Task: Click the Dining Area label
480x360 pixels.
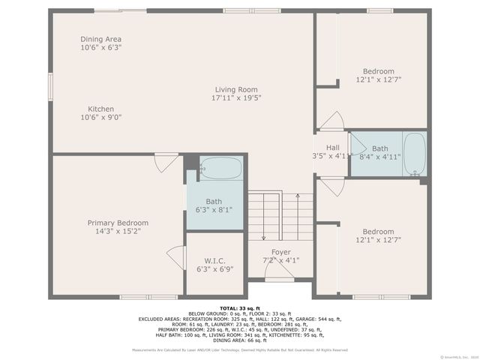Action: point(101,39)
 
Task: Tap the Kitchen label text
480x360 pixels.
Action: point(101,109)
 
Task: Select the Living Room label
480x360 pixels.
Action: point(236,88)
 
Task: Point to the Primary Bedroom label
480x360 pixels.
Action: point(118,223)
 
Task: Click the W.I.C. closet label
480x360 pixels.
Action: point(215,261)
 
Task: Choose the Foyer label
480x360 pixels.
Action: point(281,252)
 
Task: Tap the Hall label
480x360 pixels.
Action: point(332,147)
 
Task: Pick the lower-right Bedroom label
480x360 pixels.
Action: point(378,232)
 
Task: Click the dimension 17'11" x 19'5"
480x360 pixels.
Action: point(236,97)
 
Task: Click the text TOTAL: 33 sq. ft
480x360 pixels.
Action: point(240,308)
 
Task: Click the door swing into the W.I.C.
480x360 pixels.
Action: point(178,256)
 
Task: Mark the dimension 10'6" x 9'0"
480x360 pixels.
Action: point(101,117)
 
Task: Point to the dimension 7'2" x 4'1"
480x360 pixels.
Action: point(281,260)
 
